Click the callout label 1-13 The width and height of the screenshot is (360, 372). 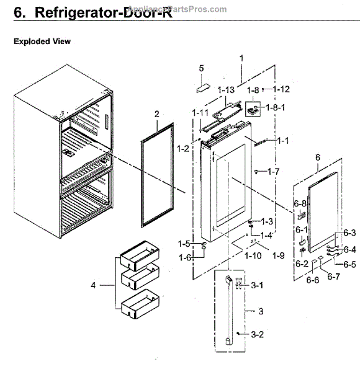(x=227, y=90)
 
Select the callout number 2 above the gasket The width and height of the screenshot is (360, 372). (x=157, y=114)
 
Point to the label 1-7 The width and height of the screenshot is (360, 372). (x=273, y=170)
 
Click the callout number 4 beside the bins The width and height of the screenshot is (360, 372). (x=93, y=286)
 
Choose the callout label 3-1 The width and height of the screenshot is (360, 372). (x=257, y=285)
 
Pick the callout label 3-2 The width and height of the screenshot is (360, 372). (x=258, y=334)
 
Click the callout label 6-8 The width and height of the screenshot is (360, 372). (x=300, y=203)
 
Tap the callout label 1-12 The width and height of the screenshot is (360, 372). (x=281, y=89)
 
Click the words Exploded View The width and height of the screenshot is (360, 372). (x=42, y=42)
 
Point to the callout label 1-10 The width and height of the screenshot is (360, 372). (x=252, y=255)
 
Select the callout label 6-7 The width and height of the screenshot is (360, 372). (x=333, y=276)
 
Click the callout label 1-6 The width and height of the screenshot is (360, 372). (x=185, y=257)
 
